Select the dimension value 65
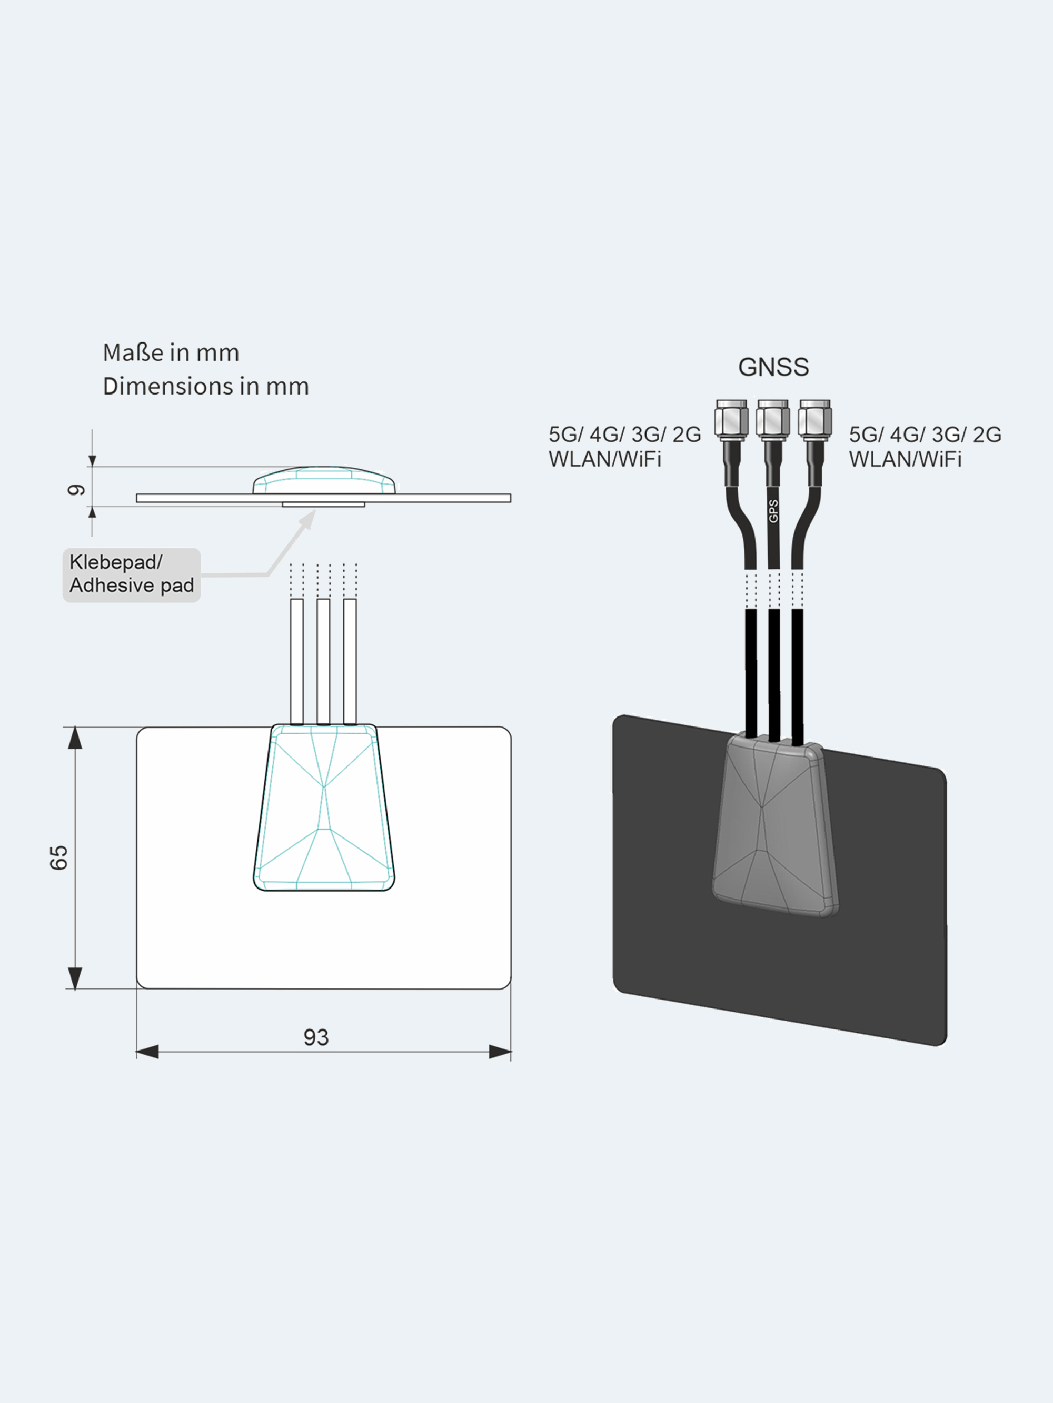pos(58,857)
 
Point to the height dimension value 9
pos(76,490)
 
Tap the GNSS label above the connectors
pos(773,367)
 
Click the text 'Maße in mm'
pos(171,352)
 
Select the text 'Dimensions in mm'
pos(206,386)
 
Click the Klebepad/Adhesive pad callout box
pos(132,574)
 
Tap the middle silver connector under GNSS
pos(772,419)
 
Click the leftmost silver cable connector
pos(731,419)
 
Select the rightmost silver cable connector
pos(814,419)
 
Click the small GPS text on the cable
pos(773,511)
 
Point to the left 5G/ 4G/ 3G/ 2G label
pos(624,435)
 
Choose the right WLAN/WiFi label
pos(905,459)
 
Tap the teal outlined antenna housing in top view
pos(324,809)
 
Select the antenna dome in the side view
pos(324,481)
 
